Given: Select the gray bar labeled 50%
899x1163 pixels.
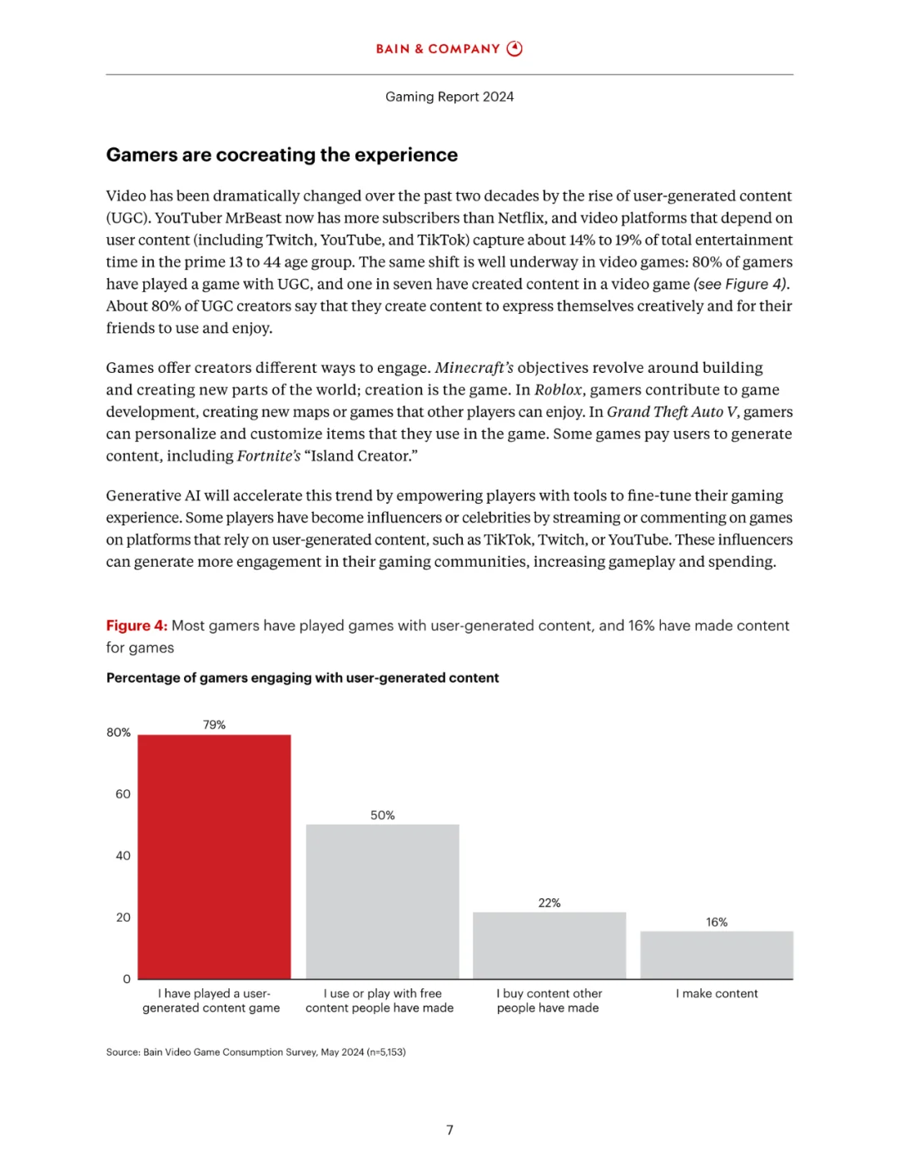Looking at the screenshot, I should [382, 902].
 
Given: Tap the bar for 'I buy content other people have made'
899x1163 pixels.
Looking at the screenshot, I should [549, 945].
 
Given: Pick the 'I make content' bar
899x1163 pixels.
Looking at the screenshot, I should [717, 955].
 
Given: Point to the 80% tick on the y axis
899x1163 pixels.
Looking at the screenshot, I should [118, 733].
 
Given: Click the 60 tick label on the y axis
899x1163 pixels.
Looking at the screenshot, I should [123, 794].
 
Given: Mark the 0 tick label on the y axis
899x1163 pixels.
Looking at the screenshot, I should [127, 979].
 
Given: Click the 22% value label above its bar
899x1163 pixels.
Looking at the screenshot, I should [549, 902].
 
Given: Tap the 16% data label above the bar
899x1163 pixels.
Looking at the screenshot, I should [717, 922].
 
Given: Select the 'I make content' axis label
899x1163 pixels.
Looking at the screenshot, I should [717, 993].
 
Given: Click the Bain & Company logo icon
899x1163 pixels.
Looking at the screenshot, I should [515, 48].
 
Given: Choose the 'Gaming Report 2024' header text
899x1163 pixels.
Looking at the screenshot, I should [449, 97].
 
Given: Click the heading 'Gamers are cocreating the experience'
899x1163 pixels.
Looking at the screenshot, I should [281, 155].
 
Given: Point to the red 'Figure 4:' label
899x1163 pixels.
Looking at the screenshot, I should [137, 625].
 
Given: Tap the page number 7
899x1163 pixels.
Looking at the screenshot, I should [449, 1130].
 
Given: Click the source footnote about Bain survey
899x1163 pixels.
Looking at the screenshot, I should [256, 1051].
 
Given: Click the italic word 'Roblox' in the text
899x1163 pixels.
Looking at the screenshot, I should [559, 390].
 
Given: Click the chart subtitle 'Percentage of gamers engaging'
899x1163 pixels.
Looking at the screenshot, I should [302, 678].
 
